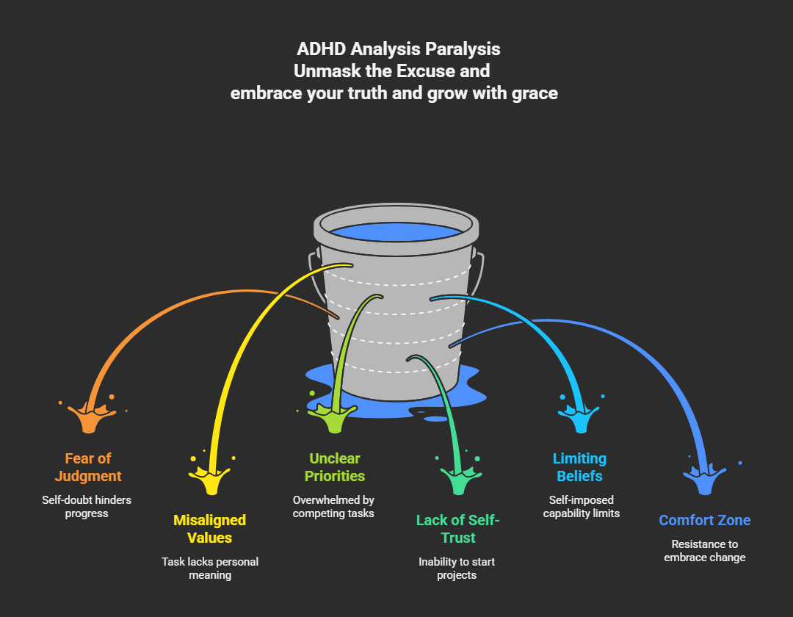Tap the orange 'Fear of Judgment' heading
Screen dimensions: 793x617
pos(87,467)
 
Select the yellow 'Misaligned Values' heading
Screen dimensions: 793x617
pos(209,529)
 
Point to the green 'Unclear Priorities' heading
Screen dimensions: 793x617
pos(334,467)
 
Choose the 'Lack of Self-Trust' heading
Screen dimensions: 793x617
pos(457,529)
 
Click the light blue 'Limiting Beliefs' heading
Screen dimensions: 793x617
pos(580,467)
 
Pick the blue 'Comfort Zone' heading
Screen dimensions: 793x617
pos(704,520)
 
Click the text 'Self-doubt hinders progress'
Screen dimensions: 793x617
pos(87,507)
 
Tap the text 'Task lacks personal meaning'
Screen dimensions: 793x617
pos(209,569)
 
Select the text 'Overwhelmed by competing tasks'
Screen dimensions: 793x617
pos(334,507)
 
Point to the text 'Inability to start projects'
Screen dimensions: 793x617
pos(457,569)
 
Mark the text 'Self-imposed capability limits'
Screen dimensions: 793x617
pos(581,507)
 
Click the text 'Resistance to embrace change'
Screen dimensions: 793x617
pos(704,551)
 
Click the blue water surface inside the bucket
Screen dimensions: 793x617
pos(397,232)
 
